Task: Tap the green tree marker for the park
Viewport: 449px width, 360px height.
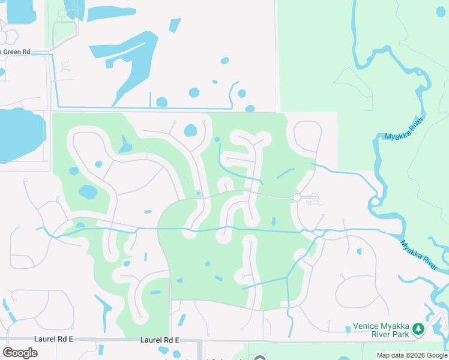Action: [419, 329]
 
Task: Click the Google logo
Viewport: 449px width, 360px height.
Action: [20, 352]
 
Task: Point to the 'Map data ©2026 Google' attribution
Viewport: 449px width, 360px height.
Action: [412, 355]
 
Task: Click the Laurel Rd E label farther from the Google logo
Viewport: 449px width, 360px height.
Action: [160, 340]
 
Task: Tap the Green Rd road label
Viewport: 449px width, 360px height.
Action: [16, 52]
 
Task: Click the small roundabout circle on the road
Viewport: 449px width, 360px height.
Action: [296, 197]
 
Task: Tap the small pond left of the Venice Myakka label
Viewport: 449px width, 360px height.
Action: [348, 329]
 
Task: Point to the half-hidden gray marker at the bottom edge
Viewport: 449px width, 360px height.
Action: [259, 358]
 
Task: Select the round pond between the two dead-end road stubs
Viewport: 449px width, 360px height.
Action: [190, 130]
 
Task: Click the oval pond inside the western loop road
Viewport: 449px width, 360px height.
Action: [88, 192]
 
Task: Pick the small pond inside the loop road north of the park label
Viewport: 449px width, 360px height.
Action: [359, 252]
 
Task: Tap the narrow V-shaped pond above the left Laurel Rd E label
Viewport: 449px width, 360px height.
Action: [104, 308]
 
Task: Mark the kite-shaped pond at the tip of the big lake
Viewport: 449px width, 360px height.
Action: [175, 25]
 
